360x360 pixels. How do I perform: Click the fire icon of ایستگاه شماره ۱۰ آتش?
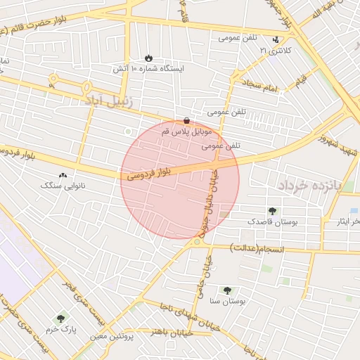[148, 58]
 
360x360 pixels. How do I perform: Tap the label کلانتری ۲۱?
[274, 51]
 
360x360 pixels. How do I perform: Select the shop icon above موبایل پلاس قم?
[186, 120]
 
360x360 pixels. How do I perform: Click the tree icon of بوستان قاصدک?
[272, 210]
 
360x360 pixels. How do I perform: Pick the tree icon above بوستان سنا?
[226, 290]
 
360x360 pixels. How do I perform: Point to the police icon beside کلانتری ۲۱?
[285, 40]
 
